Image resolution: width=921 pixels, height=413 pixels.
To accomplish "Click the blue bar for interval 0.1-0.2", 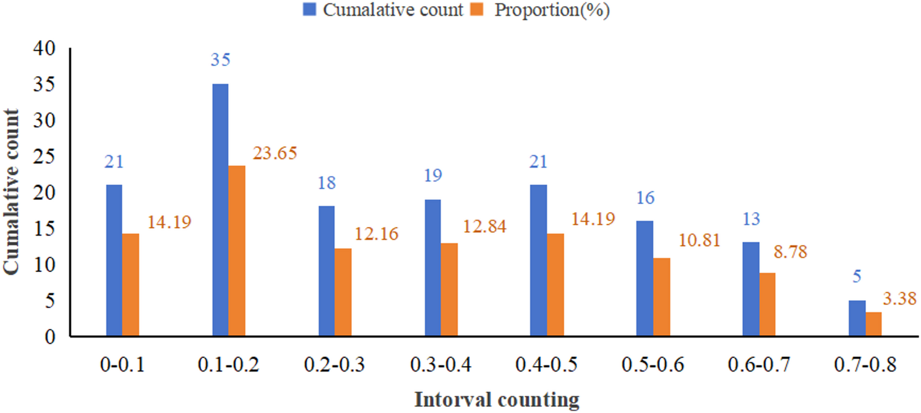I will point(220,210).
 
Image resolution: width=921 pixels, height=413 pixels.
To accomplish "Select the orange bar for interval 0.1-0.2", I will point(237,251).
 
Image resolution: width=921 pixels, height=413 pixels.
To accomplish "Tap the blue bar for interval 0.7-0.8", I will point(857,318).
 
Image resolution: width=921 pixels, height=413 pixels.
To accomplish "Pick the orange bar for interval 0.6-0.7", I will point(767,305).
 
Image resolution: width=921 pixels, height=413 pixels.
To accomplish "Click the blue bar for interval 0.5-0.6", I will point(645,278).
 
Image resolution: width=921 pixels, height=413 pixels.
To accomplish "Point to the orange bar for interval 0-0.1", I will point(131,285).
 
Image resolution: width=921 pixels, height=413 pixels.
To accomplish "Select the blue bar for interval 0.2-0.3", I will point(327,271).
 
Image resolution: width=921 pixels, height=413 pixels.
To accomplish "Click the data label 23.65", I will point(275,153).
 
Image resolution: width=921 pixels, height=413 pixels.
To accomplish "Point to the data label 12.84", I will point(484,227).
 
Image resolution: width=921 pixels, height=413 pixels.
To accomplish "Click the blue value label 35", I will point(220,61).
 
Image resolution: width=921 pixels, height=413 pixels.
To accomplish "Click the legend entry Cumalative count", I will point(390,11).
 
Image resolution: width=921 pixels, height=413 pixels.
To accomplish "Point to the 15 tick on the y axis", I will point(47,229).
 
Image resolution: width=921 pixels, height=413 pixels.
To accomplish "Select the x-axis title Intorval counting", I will point(497,400).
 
